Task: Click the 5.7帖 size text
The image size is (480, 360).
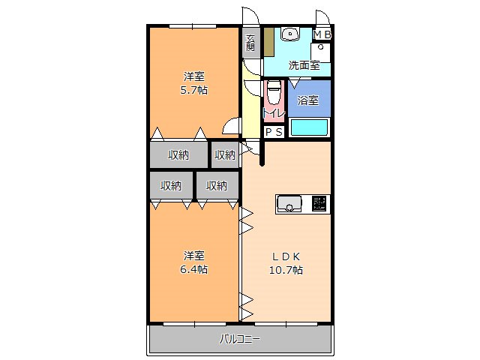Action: pos(195,90)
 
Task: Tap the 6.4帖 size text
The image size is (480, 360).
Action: pos(195,269)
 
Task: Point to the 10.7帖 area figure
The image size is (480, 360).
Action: pos(286,269)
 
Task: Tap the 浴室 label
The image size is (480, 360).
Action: pos(308,100)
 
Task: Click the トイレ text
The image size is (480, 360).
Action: pos(273,113)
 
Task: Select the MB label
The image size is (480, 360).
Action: pos(322,34)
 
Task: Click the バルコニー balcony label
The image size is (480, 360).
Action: pos(240,339)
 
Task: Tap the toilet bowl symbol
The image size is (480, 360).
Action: pos(274,94)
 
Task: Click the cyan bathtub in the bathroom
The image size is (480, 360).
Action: pos(309,127)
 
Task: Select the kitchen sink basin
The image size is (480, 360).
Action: pos(289,203)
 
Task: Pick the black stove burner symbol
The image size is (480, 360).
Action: pos(319,203)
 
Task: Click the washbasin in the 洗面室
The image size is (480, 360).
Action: pos(290,34)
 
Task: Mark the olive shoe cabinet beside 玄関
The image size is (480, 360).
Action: pos(268,42)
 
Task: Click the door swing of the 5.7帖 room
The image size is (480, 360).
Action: pos(231,127)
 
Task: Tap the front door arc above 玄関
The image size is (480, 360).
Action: pos(250,18)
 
